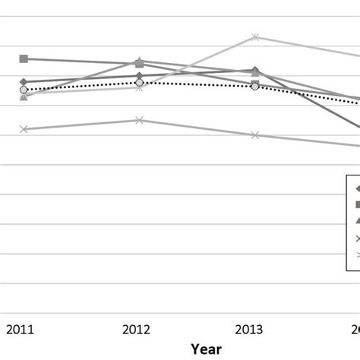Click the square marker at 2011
pos(24,58)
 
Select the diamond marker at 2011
pos(24,81)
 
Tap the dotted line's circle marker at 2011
pos(24,90)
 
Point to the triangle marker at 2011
pos(24,96)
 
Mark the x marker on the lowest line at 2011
pos(24,129)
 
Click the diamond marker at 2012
pos(139,75)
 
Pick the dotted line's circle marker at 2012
pos(139,82)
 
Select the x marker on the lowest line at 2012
pos(139,120)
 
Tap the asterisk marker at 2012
pos(139,88)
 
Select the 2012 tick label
pos(137,329)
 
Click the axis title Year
pos(206,349)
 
